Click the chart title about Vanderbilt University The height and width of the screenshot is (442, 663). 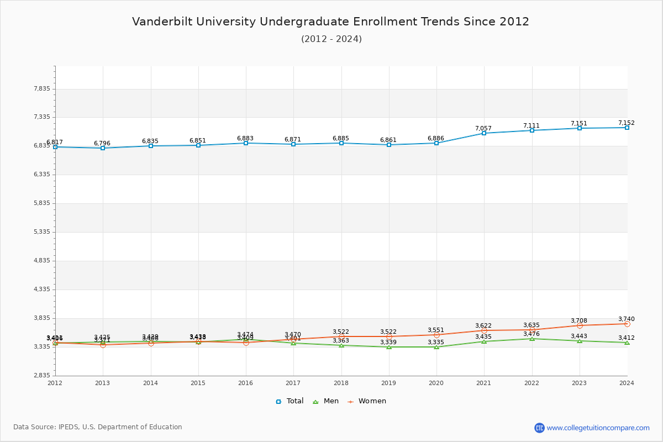coord(330,22)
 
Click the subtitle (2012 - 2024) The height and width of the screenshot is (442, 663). coord(331,39)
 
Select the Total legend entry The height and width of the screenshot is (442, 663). coord(290,401)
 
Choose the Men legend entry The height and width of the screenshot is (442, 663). coord(326,401)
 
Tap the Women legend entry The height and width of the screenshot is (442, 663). coord(367,401)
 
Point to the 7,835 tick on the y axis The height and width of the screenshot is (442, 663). coord(42,89)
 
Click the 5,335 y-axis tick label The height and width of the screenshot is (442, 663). coord(42,232)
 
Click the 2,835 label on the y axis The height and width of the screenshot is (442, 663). coord(42,376)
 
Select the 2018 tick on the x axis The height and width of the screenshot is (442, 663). coord(341,383)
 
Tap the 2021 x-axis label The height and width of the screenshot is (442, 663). coord(484,383)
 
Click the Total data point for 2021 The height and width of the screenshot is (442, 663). coord(484,133)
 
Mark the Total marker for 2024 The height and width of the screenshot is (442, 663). coord(627,128)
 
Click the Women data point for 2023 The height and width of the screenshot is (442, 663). coord(580,325)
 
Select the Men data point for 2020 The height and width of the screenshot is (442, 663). coord(436,347)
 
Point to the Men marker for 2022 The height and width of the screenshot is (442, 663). coord(532,339)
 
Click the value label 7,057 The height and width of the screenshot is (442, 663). coord(483,128)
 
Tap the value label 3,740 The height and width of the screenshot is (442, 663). coord(627,319)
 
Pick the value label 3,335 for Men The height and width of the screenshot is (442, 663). coord(436,342)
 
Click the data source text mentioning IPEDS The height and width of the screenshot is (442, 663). coord(98,427)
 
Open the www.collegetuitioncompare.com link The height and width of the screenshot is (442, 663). coord(598,428)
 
